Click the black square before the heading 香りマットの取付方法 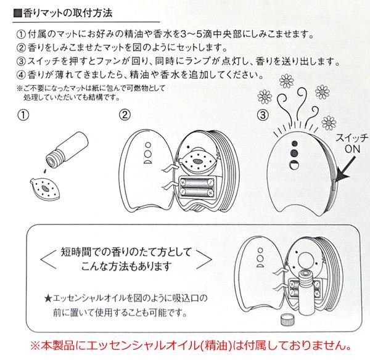[x=17, y=13]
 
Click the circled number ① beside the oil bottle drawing [x=23, y=115]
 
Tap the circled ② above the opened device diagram [x=125, y=115]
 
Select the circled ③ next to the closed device [x=263, y=115]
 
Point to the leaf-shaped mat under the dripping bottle [x=45, y=188]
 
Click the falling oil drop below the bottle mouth [x=44, y=171]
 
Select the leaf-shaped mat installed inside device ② [x=197, y=161]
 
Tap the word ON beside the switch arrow [x=352, y=149]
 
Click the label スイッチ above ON [x=352, y=137]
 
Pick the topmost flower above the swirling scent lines [x=287, y=81]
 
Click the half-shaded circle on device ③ [x=294, y=165]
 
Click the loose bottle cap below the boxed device [x=287, y=320]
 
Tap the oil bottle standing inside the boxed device [x=305, y=292]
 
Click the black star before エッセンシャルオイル [x=48, y=299]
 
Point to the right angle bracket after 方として [x=204, y=260]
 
